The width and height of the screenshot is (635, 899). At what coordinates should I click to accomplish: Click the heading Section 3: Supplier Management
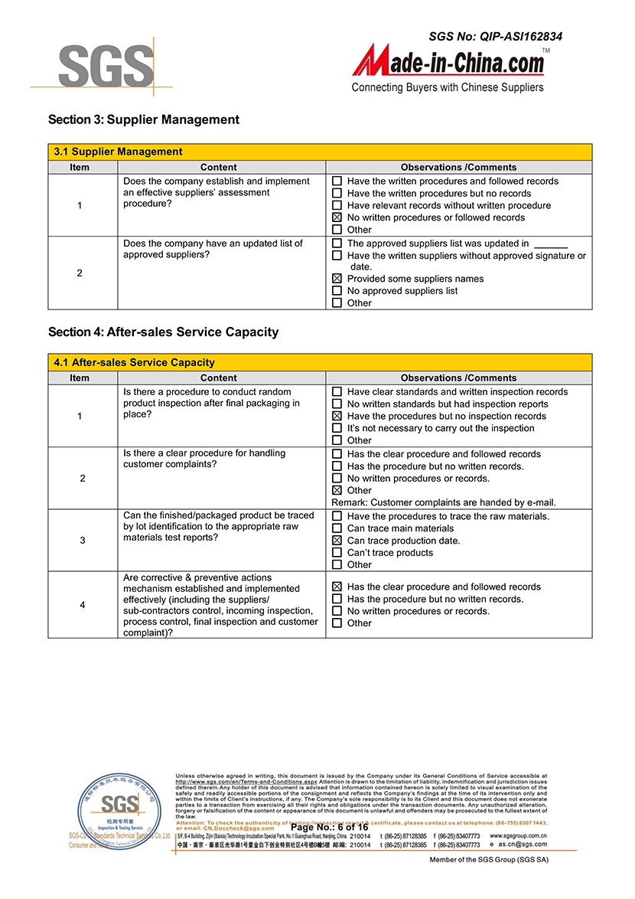click(144, 119)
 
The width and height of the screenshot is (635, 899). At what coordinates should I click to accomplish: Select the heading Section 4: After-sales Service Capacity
click(163, 332)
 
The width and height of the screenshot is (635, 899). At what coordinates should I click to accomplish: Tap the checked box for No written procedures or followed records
click(337, 217)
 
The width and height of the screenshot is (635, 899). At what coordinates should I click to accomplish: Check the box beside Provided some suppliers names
click(337, 279)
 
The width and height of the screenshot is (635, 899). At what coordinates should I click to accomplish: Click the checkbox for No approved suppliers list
click(337, 291)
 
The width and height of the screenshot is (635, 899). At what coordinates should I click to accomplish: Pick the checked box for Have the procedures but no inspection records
click(337, 416)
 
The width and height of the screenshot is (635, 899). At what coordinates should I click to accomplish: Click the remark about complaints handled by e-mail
click(444, 502)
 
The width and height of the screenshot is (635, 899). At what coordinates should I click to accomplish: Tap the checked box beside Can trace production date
click(337, 541)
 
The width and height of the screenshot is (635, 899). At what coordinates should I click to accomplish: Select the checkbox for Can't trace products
click(337, 553)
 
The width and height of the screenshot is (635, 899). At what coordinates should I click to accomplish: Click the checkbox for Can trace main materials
click(337, 528)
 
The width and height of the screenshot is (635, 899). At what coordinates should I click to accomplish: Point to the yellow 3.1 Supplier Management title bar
click(320, 152)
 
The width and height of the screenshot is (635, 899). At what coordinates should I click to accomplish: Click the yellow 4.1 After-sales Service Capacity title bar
click(320, 362)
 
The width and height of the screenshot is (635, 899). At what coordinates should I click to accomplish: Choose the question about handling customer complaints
click(204, 459)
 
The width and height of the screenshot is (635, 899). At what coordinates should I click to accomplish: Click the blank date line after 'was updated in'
click(550, 244)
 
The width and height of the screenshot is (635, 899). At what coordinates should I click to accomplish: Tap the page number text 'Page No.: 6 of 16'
click(330, 827)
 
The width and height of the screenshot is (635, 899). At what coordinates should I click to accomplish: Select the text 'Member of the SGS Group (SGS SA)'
click(489, 860)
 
